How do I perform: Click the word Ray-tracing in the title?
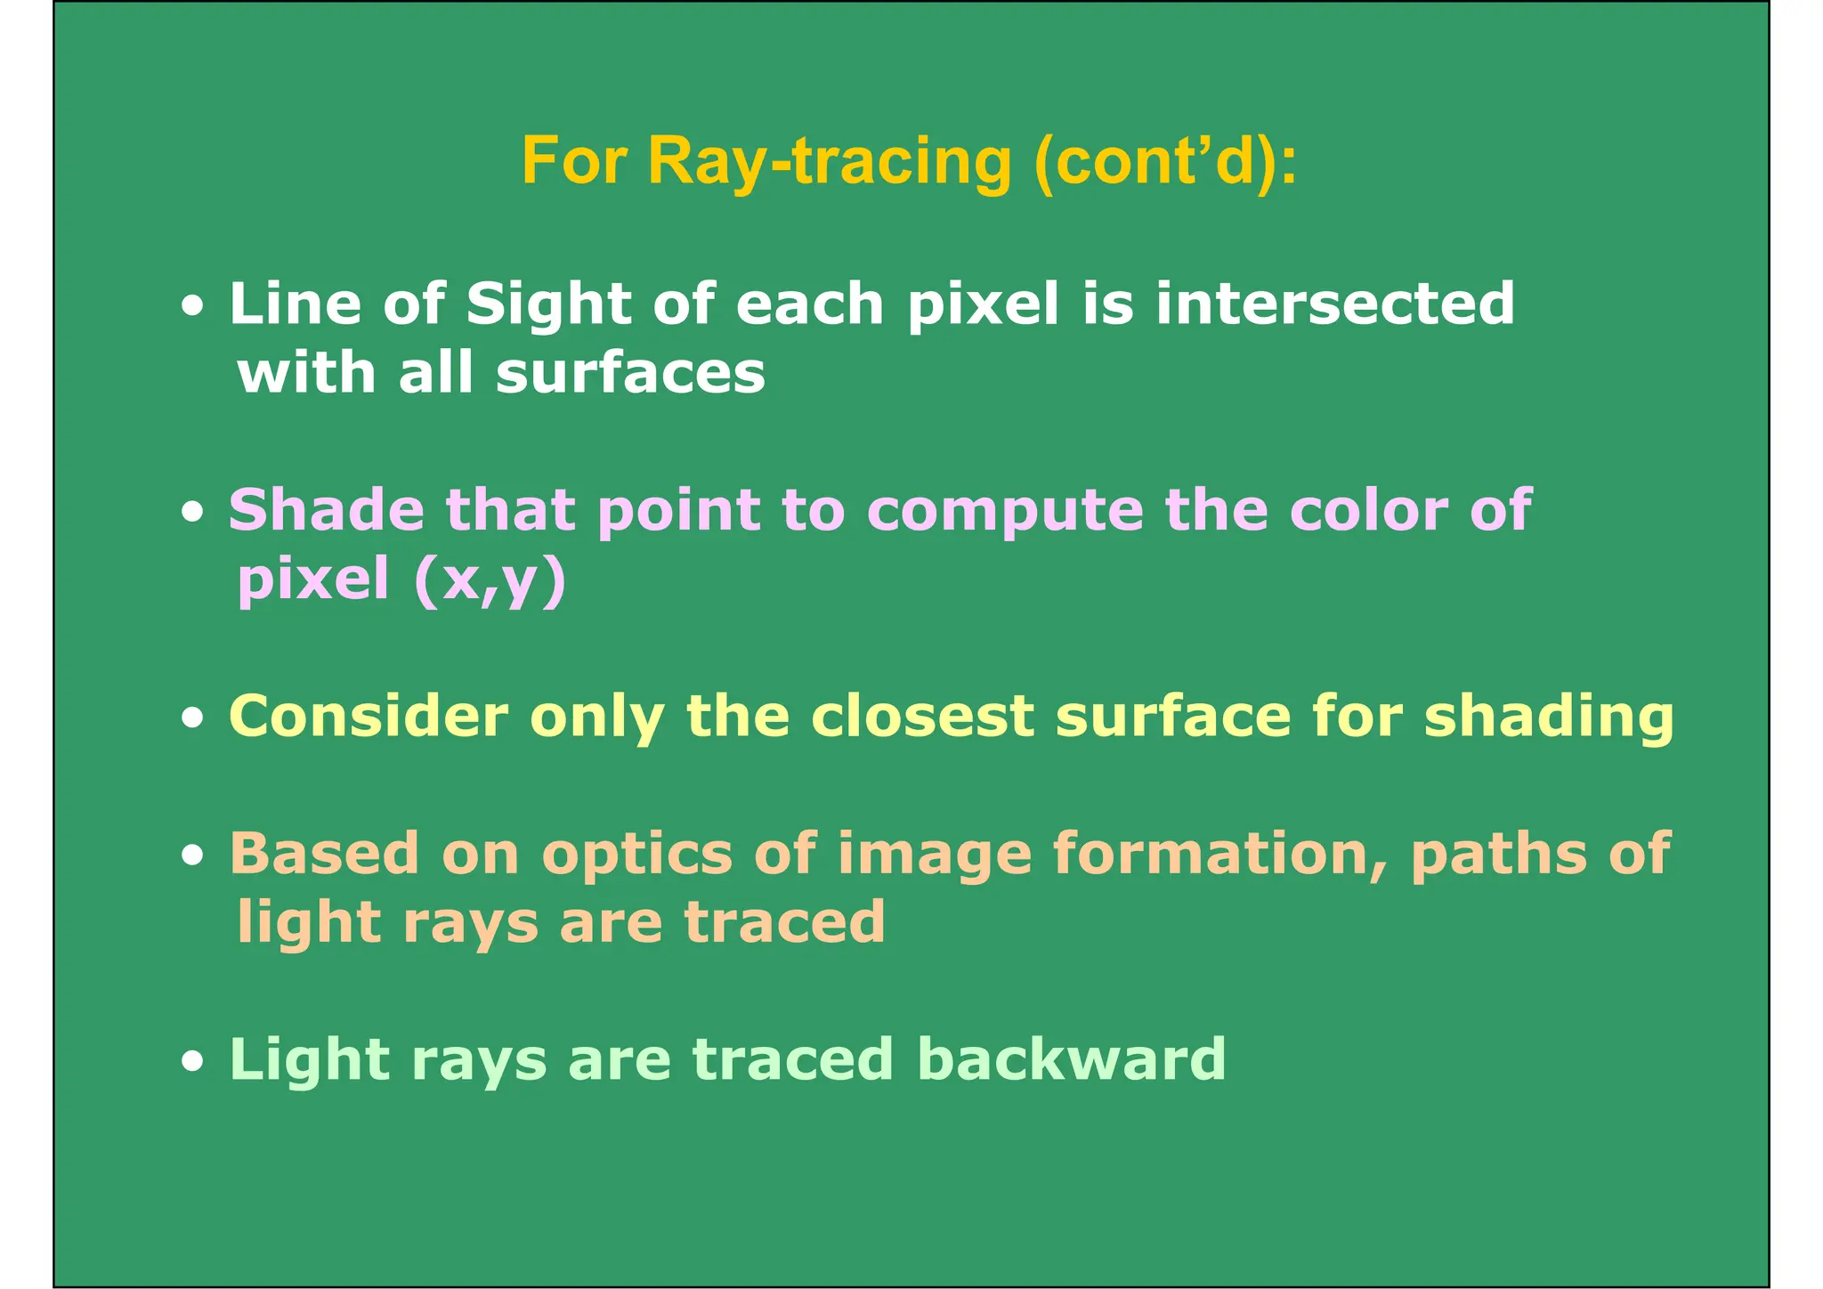pos(830,162)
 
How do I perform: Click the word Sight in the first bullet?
pos(548,304)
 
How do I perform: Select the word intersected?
pos(1334,304)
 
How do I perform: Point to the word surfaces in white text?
pos(630,373)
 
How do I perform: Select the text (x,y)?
pos(490,580)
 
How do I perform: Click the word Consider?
pos(369,716)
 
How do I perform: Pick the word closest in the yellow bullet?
pos(922,716)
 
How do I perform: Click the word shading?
pos(1549,717)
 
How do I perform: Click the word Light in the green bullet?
pos(308,1060)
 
